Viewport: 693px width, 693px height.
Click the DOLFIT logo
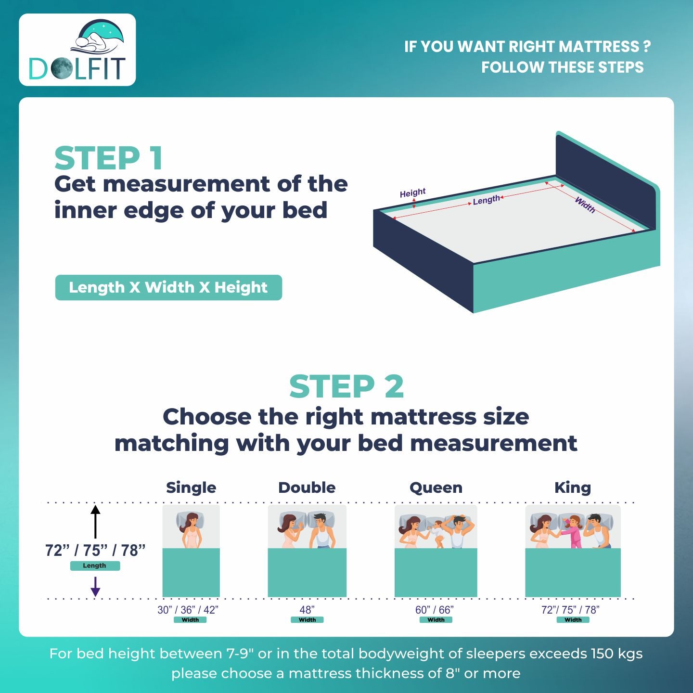77,50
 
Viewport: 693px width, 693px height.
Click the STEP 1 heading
109,158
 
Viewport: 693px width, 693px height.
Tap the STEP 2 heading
346,386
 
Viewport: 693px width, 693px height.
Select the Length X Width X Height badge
168,287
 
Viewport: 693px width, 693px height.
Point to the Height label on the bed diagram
412,193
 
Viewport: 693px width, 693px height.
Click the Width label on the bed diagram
585,205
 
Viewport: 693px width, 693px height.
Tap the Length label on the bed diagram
486,200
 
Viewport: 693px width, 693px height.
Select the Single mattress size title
191,488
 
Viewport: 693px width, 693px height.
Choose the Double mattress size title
307,488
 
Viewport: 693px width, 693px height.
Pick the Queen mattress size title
436,488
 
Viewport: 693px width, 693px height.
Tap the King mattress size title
572,488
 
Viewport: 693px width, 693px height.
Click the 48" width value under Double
307,610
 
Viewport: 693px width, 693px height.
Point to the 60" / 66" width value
435,610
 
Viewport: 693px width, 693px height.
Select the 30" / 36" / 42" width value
188,610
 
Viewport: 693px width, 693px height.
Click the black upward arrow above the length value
95,521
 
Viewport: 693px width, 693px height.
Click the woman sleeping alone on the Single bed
191,529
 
